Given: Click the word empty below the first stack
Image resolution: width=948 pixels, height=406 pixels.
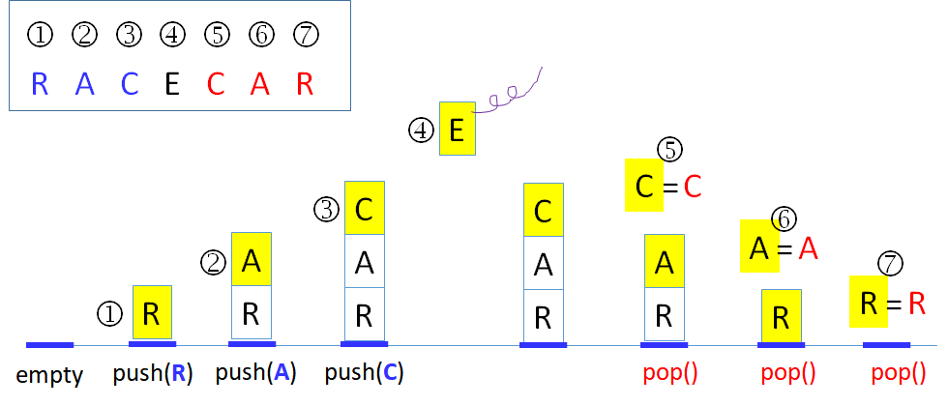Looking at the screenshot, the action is pyautogui.click(x=49, y=375).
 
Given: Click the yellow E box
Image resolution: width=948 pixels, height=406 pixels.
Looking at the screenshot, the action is pyautogui.click(x=458, y=129).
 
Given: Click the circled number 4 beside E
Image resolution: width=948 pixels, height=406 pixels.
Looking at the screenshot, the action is pyautogui.click(x=422, y=130).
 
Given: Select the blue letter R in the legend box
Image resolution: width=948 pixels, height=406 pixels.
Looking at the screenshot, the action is pyautogui.click(x=40, y=84).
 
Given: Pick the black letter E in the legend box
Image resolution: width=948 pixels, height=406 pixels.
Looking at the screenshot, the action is pyautogui.click(x=172, y=84).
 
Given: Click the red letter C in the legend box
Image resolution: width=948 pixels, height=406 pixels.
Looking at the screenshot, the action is pyautogui.click(x=216, y=84).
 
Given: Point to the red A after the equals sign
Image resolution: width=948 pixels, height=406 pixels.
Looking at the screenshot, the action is pyautogui.click(x=809, y=249).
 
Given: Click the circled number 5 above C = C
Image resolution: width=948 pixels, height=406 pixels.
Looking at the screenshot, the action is pyautogui.click(x=669, y=149).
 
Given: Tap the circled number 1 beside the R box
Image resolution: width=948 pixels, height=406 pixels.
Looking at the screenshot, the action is pyautogui.click(x=109, y=313).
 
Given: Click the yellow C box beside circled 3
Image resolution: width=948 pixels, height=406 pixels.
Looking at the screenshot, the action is pyautogui.click(x=364, y=208).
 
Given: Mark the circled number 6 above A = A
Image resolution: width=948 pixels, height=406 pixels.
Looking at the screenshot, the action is pyautogui.click(x=785, y=219).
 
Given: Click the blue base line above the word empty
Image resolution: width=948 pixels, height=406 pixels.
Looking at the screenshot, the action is pyautogui.click(x=49, y=344).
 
